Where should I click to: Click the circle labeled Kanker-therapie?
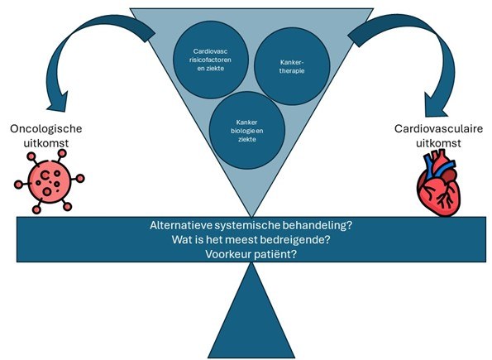292,66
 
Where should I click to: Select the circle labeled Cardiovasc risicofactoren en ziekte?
211,60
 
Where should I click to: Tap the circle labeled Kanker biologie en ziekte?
247,131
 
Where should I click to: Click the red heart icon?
438,183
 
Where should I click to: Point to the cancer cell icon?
49,181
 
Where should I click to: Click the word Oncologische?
46,129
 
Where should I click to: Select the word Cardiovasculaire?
438,129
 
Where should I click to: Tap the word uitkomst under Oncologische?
46,143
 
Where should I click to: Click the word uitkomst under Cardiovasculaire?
438,143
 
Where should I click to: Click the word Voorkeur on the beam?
228,254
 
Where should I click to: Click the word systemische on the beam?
249,226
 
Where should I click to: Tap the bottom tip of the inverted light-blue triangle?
251,217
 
